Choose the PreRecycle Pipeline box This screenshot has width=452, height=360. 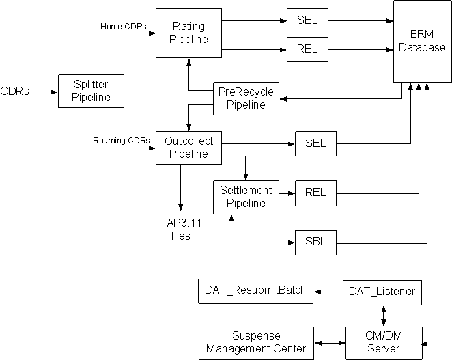[245, 98]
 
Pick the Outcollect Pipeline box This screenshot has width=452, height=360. [188, 148]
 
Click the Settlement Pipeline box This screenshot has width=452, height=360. [245, 197]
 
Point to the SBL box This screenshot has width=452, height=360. [315, 242]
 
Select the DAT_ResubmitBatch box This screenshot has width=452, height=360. [255, 291]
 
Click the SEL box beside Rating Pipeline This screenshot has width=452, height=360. [307, 22]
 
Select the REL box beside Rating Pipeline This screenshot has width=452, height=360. [307, 49]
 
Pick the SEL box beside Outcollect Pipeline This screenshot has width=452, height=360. [315, 143]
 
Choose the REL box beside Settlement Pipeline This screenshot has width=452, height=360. [315, 193]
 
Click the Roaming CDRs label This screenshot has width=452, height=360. [122, 141]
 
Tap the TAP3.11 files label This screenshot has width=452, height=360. [180, 229]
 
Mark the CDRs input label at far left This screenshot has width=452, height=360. [15, 90]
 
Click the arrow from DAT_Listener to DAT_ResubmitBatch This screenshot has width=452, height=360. [328, 292]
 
